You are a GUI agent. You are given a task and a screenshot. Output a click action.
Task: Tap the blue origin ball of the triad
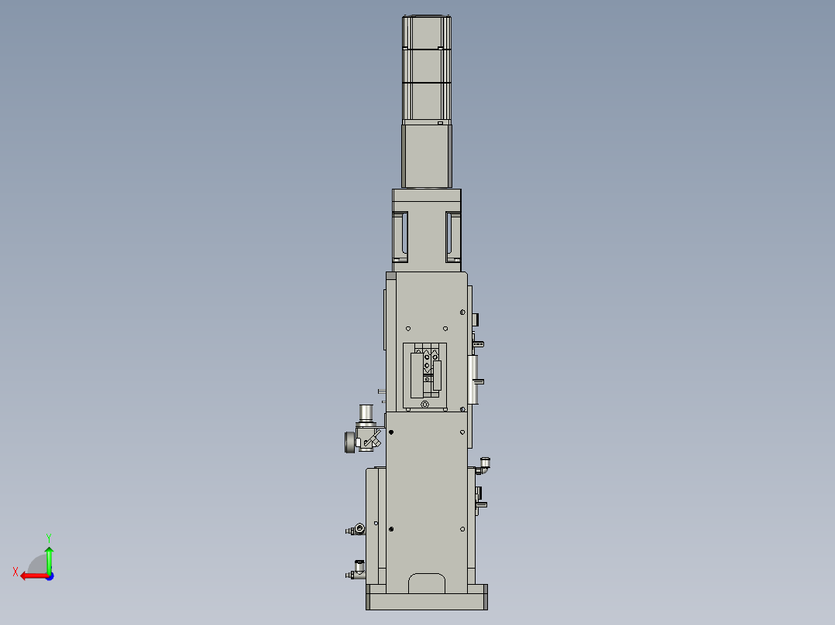pos(49,575)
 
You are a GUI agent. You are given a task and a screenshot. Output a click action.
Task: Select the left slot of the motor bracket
pos(400,235)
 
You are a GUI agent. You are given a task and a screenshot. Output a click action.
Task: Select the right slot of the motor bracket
pos(453,235)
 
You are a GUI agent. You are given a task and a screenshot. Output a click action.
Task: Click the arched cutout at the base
pos(427,583)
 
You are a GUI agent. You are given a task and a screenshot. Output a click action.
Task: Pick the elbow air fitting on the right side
pos(485,464)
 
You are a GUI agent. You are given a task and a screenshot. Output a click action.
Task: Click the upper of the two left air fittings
pos(358,530)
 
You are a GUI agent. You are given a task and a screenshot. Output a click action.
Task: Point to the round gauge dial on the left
pos(349,442)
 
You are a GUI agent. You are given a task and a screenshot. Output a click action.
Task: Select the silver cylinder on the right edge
pos(474,380)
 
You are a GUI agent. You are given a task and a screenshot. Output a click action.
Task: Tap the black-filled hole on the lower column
pos(391,529)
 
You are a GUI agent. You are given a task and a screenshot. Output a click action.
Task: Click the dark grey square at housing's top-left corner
pos(390,275)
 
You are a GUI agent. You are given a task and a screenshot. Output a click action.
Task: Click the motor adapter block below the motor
pos(427,155)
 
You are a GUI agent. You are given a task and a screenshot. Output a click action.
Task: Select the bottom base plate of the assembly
pos(427,598)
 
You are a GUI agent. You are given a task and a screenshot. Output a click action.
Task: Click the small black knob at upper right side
pos(476,318)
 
